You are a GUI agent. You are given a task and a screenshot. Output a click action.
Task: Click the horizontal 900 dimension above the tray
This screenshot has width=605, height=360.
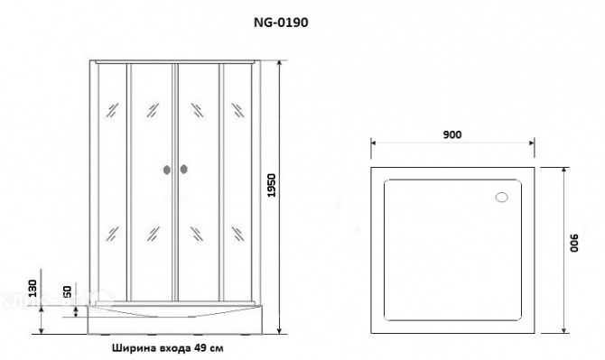(x=452, y=134)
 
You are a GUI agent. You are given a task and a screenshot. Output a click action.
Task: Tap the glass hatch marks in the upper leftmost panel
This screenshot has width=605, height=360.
(x=110, y=111)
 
